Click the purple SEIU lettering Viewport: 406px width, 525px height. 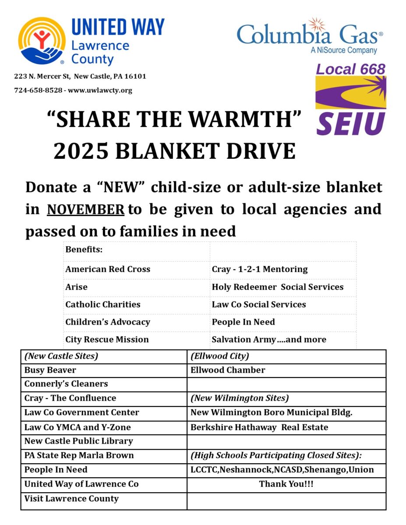pos(351,123)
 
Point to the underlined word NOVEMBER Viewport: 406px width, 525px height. pos(85,209)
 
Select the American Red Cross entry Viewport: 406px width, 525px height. pos(108,269)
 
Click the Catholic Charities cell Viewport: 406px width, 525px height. pos(103,304)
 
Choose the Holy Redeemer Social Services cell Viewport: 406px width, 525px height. pos(277,287)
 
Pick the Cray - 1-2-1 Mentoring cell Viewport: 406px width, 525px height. pos(260,269)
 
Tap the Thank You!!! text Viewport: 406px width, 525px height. pos(286,484)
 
